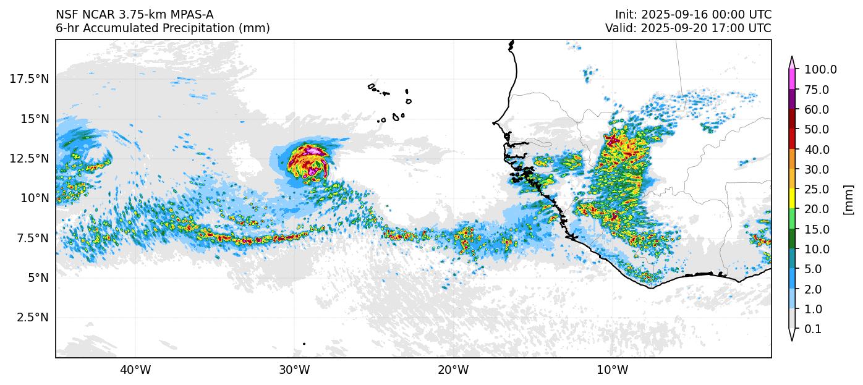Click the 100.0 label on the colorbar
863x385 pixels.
pyautogui.click(x=820, y=70)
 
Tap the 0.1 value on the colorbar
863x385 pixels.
pyautogui.click(x=814, y=329)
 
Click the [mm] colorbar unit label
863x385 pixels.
pyautogui.click(x=849, y=200)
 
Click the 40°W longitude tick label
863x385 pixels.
pyautogui.click(x=135, y=370)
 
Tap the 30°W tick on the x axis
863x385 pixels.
pyautogui.click(x=294, y=370)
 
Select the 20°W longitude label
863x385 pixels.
pyautogui.click(x=453, y=370)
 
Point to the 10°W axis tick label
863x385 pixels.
pyautogui.click(x=613, y=370)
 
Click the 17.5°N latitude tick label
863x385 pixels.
pyautogui.click(x=30, y=78)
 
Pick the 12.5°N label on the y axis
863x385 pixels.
pyautogui.click(x=30, y=158)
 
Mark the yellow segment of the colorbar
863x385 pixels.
pyautogui.click(x=791, y=199)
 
